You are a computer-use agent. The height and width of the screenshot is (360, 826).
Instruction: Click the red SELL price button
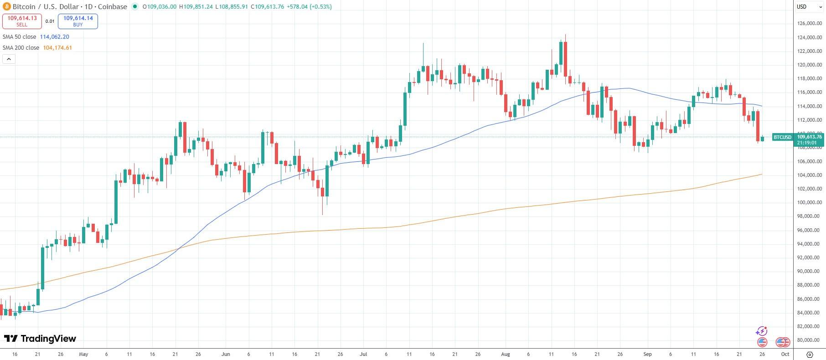[22, 21]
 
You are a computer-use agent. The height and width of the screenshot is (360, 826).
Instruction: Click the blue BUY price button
[78, 21]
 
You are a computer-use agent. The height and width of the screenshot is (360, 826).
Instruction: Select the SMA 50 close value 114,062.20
[54, 37]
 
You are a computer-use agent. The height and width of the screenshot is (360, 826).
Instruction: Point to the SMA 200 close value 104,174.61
[57, 48]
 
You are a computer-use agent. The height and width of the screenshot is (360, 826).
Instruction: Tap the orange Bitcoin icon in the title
[6, 7]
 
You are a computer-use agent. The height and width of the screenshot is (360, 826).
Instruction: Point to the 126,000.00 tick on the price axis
[809, 23]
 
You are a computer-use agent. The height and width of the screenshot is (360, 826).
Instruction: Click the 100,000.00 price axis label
[809, 202]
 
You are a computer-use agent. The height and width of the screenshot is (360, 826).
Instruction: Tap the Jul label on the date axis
[363, 354]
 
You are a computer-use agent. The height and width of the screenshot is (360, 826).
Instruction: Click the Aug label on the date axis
[505, 354]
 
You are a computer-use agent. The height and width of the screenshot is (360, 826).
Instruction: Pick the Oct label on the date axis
[785, 354]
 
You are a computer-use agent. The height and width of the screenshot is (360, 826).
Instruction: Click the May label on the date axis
[83, 354]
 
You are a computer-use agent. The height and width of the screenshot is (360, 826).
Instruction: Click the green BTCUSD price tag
[783, 137]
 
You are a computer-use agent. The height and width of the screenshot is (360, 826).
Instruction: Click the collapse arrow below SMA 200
[9, 59]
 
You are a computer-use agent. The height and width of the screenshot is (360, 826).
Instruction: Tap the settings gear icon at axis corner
[810, 354]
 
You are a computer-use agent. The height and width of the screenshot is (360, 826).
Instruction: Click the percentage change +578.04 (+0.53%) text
[309, 7]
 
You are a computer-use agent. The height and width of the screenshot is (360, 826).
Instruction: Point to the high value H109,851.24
[196, 7]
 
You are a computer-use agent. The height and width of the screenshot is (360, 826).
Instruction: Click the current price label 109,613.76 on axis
[809, 137]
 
